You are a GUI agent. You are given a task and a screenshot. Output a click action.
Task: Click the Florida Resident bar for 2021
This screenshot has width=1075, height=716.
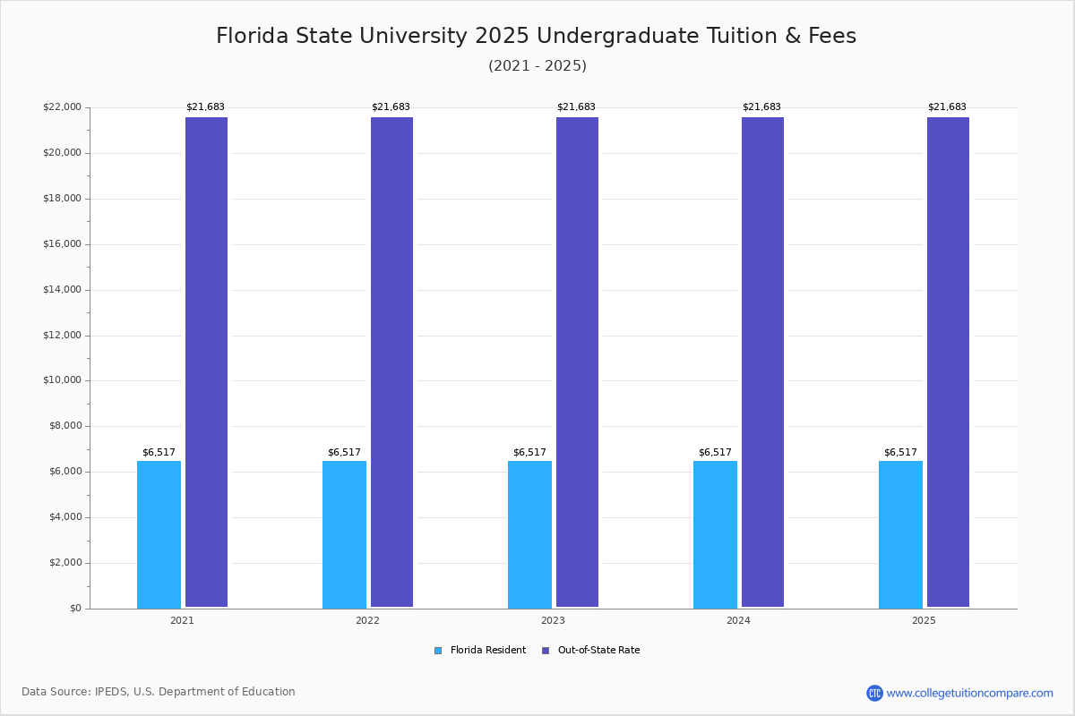point(159,534)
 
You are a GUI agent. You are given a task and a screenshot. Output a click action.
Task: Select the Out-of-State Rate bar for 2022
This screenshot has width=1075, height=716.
point(391,362)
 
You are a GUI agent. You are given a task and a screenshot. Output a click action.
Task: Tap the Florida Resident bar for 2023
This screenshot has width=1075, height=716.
point(529,534)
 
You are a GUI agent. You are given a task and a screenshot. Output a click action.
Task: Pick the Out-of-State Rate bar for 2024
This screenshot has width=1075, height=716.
point(762,362)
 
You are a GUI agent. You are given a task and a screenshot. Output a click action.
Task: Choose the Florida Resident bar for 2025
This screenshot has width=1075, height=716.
point(900,534)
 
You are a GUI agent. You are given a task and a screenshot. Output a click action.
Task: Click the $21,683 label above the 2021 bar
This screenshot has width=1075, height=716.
point(205,107)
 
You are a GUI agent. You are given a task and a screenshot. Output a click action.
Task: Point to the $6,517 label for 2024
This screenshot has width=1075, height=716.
point(715,453)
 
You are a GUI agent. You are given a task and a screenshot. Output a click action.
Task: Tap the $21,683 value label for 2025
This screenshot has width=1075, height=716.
point(947,107)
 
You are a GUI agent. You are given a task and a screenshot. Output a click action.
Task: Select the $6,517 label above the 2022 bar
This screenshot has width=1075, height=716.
point(344,453)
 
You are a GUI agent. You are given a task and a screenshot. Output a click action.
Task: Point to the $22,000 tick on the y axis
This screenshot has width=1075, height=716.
point(62,107)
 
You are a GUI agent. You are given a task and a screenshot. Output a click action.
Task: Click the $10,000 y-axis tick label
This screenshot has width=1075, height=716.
point(62,380)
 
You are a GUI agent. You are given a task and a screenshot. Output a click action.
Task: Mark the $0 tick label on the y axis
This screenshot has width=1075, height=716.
point(74,609)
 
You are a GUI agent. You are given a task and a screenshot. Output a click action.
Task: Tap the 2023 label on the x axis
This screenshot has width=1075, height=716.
point(553,620)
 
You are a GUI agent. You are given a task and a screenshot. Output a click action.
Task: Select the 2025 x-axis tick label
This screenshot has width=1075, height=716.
point(924,620)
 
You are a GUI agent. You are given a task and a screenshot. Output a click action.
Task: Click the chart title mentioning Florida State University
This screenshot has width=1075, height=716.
point(536,36)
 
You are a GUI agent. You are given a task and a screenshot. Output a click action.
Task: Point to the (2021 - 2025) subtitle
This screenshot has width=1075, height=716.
point(537,66)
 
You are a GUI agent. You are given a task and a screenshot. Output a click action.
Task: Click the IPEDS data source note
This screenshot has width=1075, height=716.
point(159,692)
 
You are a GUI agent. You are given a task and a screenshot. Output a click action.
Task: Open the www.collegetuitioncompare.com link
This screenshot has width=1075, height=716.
point(969,693)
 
